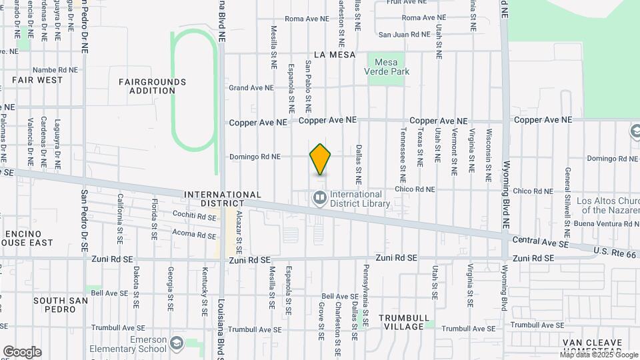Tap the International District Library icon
[x=320, y=197]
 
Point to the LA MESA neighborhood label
[x=334, y=55]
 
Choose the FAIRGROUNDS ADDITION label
[x=152, y=86]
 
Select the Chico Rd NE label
[x=415, y=189]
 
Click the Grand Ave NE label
[x=251, y=87]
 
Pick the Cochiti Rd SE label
[x=193, y=217]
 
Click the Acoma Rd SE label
[x=193, y=234]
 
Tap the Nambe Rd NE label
[x=55, y=69]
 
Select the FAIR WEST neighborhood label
[x=37, y=80]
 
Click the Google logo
[x=22, y=351]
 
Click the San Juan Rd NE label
[x=404, y=34]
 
